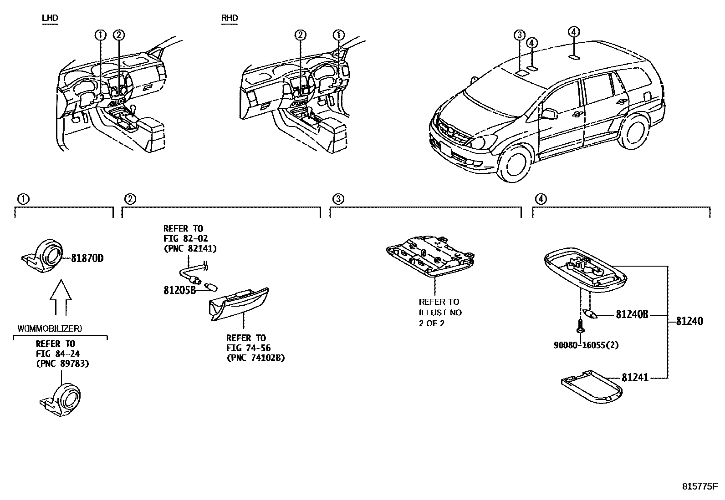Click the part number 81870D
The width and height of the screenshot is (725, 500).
point(87,258)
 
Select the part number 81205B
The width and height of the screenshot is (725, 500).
point(179,290)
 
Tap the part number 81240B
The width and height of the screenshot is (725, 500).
point(632,314)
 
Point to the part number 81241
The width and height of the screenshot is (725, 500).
point(635,378)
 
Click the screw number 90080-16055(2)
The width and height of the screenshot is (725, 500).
point(586,345)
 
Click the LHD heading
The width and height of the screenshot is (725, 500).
point(50,18)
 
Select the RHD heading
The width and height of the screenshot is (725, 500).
point(230,18)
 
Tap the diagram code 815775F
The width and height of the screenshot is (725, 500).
point(699,486)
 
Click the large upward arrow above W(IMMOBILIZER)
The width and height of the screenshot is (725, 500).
point(61,298)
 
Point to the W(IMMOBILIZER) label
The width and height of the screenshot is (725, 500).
point(50,328)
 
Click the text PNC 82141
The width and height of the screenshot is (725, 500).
point(190,248)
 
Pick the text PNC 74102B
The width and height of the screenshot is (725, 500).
point(255,358)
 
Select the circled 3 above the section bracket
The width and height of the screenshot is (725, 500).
point(338,199)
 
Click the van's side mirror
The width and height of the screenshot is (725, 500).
point(550,113)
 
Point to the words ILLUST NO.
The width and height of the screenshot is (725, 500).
point(441,313)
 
